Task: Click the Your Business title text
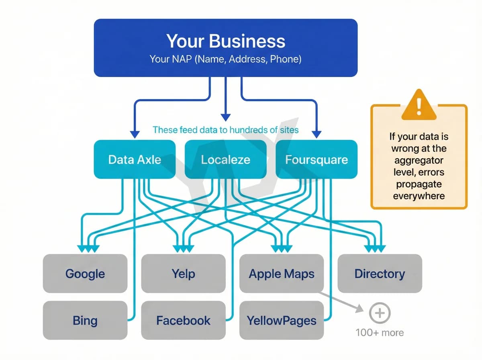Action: (225, 41)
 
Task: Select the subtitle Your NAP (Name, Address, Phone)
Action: (225, 59)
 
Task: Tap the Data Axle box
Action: (135, 160)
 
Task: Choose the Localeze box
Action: (225, 160)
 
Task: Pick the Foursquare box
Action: (317, 160)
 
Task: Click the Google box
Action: (85, 274)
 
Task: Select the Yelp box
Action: (183, 274)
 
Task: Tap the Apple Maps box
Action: (282, 274)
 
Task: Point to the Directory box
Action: (380, 274)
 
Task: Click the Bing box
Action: (85, 321)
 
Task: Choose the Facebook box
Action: (183, 321)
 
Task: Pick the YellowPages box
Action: (282, 321)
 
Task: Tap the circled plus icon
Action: (380, 313)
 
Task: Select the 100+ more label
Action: (380, 333)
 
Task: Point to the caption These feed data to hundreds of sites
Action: (225, 130)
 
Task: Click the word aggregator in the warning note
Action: (419, 160)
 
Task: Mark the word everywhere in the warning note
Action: (419, 196)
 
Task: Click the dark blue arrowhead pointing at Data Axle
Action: (135, 134)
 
